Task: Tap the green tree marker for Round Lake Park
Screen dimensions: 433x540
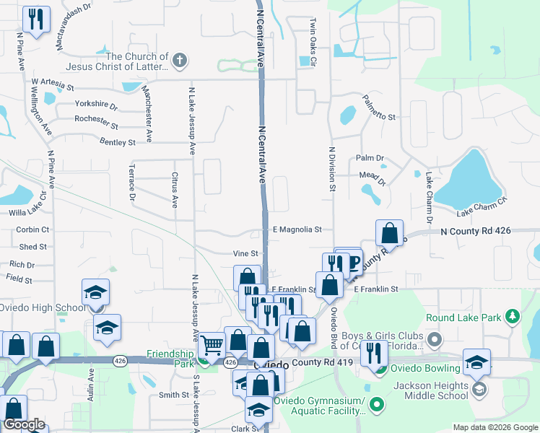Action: [513, 316]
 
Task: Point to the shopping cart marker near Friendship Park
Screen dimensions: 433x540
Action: [212, 346]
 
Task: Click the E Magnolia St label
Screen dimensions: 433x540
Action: [297, 229]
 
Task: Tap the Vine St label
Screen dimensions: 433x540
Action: [245, 253]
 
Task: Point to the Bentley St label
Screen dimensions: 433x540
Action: [117, 142]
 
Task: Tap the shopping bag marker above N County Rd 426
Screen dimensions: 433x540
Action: [389, 232]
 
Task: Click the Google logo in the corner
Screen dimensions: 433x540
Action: [24, 424]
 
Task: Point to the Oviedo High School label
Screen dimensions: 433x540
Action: [41, 308]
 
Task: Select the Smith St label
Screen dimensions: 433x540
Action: [174, 395]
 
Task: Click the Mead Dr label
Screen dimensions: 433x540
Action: [373, 175]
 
